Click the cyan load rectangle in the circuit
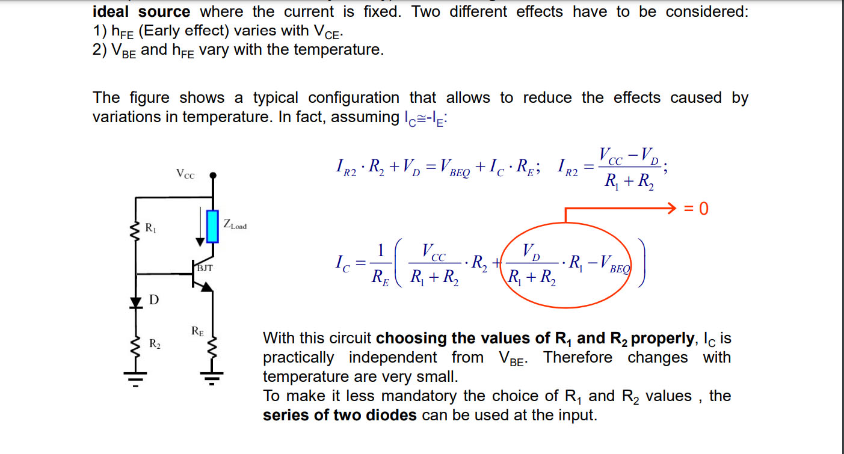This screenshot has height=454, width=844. pyautogui.click(x=212, y=226)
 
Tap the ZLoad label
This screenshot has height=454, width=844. pyautogui.click(x=235, y=224)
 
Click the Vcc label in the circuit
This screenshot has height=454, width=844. pyautogui.click(x=185, y=174)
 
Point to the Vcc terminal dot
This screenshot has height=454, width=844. pyautogui.click(x=213, y=175)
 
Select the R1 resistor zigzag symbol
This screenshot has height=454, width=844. pyautogui.click(x=135, y=230)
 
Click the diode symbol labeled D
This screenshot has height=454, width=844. pyautogui.click(x=135, y=302)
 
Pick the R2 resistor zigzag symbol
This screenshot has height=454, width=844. pyautogui.click(x=135, y=347)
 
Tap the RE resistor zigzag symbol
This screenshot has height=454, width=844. pyautogui.click(x=212, y=348)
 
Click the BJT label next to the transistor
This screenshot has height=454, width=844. pyautogui.click(x=205, y=268)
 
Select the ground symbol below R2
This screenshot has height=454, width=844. pyautogui.click(x=135, y=379)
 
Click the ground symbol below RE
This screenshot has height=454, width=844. pyautogui.click(x=212, y=378)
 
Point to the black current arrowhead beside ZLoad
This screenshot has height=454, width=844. pyautogui.click(x=200, y=242)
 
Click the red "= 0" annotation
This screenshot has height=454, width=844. pyautogui.click(x=696, y=208)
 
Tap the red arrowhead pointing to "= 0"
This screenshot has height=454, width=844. pyautogui.click(x=672, y=208)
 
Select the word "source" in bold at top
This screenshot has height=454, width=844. pyautogui.click(x=164, y=11)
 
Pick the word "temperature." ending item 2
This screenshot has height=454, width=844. pyautogui.click(x=339, y=50)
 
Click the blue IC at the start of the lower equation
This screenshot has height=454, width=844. pyautogui.click(x=342, y=263)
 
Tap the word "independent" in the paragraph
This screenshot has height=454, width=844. pyautogui.click(x=393, y=358)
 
